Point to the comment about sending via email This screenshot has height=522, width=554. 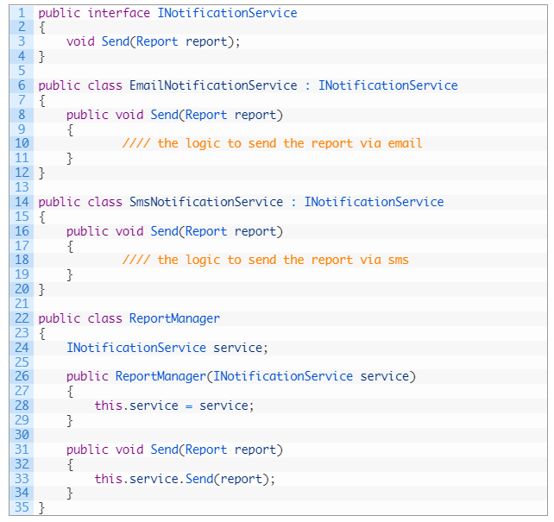point(273,143)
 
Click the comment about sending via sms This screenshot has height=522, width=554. point(266,260)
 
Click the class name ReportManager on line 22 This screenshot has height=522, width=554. point(174,318)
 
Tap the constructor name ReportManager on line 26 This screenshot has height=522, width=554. point(161,376)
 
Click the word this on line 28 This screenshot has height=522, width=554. point(108,406)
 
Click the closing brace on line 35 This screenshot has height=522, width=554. point(41,507)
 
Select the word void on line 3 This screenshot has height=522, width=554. point(80,41)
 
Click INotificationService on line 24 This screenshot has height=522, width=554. point(136,347)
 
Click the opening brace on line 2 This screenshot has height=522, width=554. point(41,28)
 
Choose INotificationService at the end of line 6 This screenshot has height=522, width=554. point(388,85)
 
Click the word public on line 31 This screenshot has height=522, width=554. point(87,450)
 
